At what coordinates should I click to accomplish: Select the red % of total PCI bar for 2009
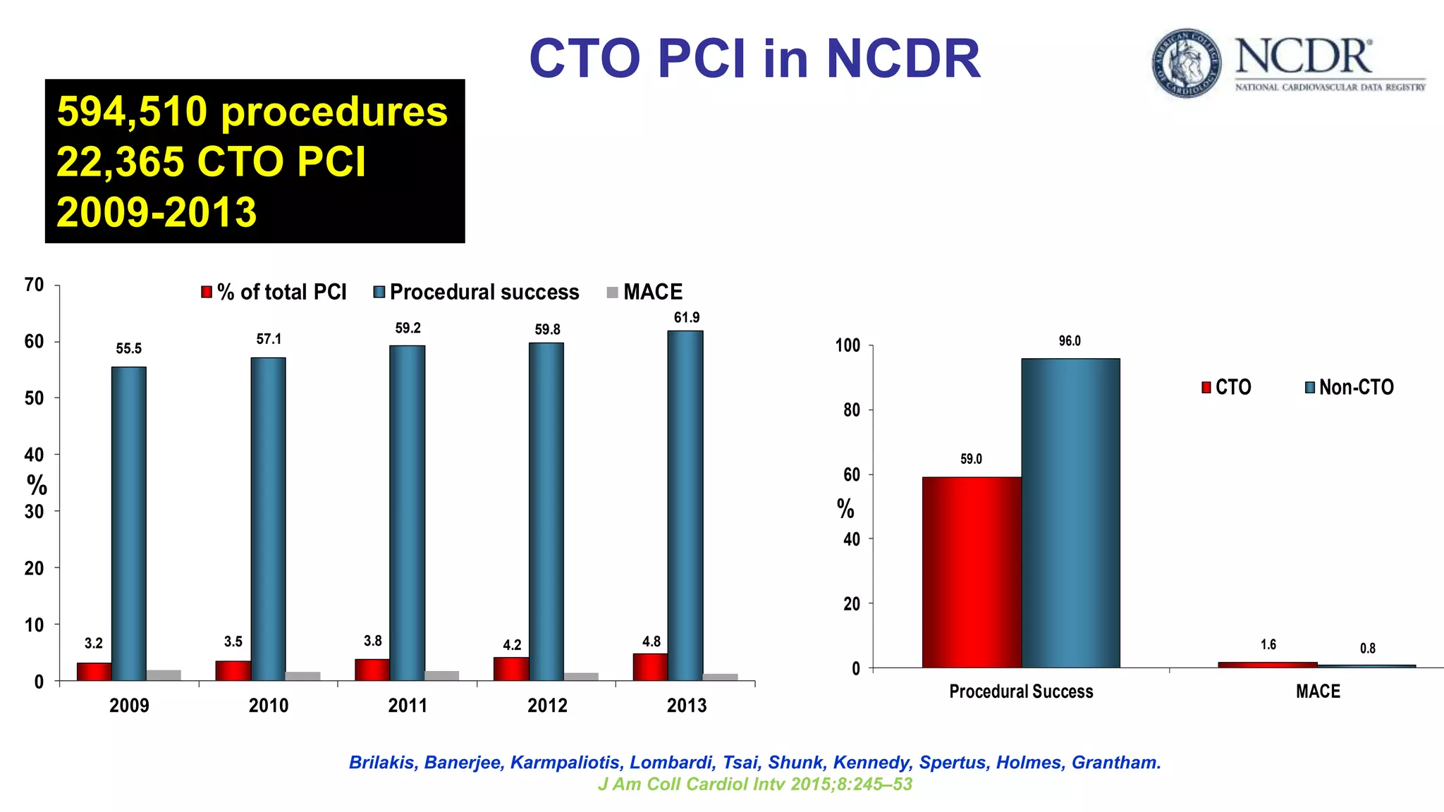click(94, 671)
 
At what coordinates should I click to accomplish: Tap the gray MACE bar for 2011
click(442, 675)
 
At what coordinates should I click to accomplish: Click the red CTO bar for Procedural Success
click(971, 572)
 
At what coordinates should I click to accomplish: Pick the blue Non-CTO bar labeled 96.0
click(1070, 512)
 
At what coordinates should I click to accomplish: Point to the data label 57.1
click(269, 340)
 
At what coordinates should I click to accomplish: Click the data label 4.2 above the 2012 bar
click(512, 645)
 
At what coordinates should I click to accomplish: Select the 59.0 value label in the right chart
click(971, 460)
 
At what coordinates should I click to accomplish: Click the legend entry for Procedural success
click(484, 292)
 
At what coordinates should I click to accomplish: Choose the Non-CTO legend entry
click(1355, 387)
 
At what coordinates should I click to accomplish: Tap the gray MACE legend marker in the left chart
click(612, 293)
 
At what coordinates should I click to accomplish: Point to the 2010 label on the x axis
click(269, 706)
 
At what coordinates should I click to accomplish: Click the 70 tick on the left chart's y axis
click(34, 285)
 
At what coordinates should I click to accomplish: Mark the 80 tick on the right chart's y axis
click(852, 410)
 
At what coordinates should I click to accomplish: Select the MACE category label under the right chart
click(1318, 691)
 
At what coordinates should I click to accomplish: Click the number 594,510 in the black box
click(132, 112)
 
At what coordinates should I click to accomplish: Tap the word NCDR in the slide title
click(903, 58)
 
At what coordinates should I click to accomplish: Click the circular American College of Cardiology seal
click(1186, 63)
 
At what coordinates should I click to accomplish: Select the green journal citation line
click(754, 785)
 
